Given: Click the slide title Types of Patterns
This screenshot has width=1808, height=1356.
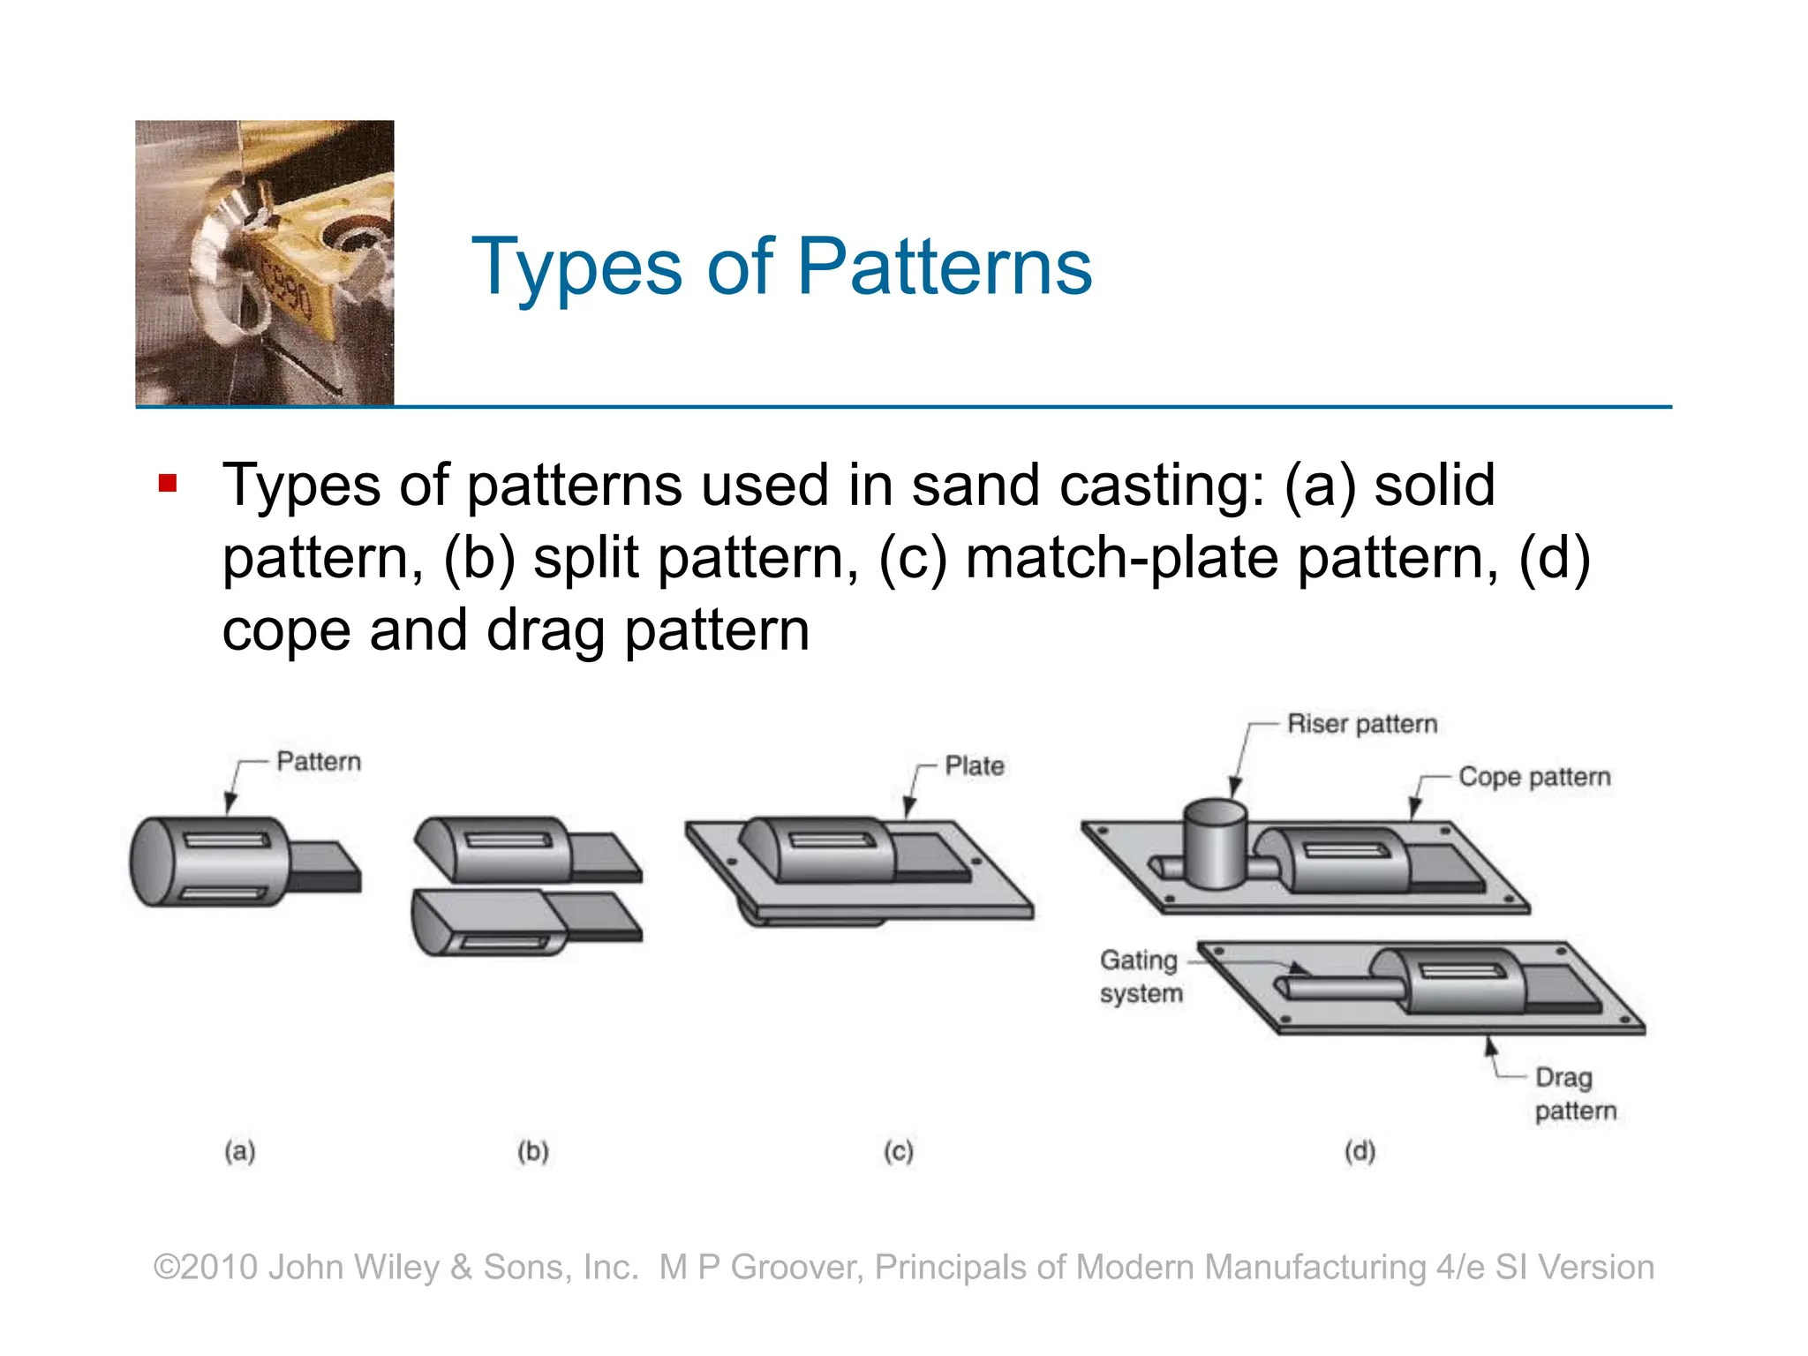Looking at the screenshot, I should point(781,267).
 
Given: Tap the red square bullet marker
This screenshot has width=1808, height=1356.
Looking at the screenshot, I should point(168,484).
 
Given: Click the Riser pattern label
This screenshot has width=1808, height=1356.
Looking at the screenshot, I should point(1361,724).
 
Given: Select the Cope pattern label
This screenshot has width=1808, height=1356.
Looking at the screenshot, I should point(1533,777).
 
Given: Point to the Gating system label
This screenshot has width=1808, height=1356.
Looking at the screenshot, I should point(1140,976).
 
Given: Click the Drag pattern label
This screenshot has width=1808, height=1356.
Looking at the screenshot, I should point(1575,1094).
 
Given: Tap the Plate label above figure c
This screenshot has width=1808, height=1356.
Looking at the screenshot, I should point(974,765).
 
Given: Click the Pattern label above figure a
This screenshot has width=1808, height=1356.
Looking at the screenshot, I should point(319,761).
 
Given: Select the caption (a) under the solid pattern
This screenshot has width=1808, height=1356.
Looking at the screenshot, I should point(240,1151).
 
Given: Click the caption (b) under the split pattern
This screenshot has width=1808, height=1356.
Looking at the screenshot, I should point(533,1151).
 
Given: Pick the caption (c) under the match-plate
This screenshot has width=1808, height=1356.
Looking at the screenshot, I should point(899,1151).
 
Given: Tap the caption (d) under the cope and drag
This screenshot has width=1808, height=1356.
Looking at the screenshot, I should point(1360,1151).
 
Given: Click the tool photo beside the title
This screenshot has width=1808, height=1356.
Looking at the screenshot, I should point(265,263).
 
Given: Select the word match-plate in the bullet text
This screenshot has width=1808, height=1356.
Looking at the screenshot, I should point(1121,558).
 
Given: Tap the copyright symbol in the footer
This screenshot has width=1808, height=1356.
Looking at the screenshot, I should point(167,1267).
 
